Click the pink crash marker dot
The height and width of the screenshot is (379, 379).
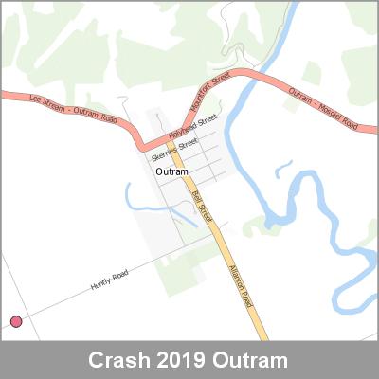point(16,322)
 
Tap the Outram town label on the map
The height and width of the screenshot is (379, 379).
point(171,171)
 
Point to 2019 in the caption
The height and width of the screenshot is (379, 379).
point(178,362)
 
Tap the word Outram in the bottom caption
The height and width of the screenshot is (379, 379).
point(250,362)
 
